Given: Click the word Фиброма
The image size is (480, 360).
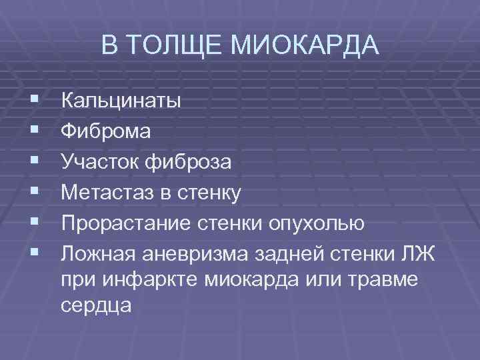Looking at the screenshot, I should [x=106, y=131].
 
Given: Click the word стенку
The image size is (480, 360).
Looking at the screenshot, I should [x=209, y=193].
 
